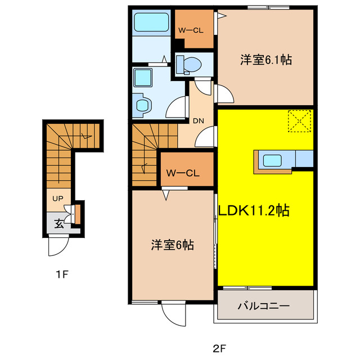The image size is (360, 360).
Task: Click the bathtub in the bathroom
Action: point(151,22)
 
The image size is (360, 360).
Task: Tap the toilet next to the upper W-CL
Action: point(189,65)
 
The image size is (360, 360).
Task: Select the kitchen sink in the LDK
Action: point(272,160)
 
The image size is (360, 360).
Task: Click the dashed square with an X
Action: point(299,121)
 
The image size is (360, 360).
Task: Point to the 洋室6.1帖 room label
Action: point(266,60)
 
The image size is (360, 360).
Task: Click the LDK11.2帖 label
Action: point(254,210)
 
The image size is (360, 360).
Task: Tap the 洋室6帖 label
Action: point(173,245)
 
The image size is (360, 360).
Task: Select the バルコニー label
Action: point(264,306)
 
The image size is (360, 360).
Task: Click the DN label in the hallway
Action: point(199,121)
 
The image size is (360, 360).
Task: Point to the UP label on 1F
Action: point(57,199)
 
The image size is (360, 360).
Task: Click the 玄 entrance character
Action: point(59,224)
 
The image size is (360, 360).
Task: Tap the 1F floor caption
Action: point(62,274)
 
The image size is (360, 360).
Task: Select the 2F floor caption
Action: point(219,349)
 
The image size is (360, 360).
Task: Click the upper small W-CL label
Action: point(191,30)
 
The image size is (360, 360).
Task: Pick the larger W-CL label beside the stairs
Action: point(183,173)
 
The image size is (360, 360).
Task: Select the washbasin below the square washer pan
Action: point(142,105)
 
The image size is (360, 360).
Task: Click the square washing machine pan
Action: point(143,78)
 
